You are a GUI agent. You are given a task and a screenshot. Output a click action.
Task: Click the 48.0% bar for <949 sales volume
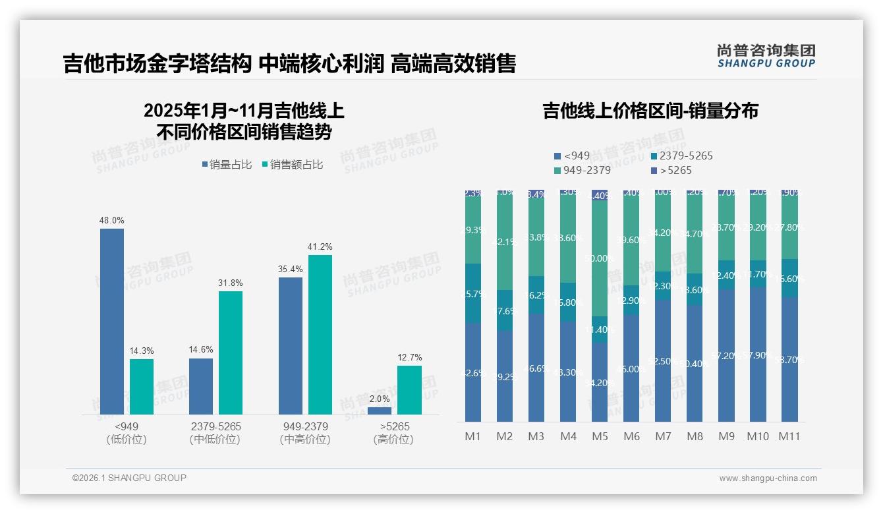click(x=112, y=322)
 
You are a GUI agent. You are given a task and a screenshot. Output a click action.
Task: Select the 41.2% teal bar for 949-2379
click(x=320, y=335)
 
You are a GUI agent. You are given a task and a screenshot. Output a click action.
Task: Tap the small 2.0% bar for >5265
click(x=380, y=411)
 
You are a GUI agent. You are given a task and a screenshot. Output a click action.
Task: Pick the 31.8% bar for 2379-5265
click(x=231, y=353)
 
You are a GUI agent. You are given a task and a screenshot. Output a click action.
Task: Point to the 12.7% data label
click(x=409, y=358)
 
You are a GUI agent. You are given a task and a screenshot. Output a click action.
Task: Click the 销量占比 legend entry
click(x=227, y=165)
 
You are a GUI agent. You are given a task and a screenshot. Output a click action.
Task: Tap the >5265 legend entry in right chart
click(x=671, y=171)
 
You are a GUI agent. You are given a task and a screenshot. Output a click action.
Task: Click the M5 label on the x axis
click(x=600, y=436)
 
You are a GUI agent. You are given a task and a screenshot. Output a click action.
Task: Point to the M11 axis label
click(x=789, y=436)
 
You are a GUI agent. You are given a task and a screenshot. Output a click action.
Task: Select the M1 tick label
click(x=473, y=436)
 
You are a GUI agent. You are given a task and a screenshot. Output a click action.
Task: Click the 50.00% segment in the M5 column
click(x=600, y=258)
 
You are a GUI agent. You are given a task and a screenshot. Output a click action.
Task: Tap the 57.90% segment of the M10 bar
click(x=758, y=355)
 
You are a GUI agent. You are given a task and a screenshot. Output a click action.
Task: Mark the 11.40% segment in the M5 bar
click(x=600, y=329)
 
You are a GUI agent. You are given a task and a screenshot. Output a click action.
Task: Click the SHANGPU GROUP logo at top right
click(x=766, y=56)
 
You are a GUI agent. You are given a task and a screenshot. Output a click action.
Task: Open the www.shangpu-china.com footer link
click(x=768, y=478)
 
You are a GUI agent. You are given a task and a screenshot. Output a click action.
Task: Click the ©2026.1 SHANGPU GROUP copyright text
click(x=129, y=478)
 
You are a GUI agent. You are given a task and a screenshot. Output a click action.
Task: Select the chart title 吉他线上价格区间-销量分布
click(x=650, y=111)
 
